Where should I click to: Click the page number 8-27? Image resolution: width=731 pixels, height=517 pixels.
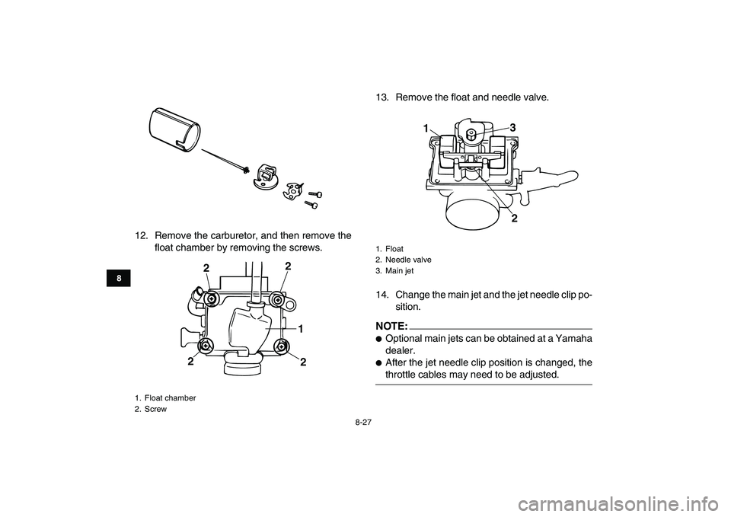(x=365, y=423)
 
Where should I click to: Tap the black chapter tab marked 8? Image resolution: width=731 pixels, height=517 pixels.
(x=119, y=279)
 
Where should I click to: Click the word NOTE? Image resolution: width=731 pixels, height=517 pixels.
(x=390, y=325)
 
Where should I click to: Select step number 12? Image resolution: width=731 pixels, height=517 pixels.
(x=142, y=236)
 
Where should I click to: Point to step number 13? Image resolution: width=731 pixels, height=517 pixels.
(x=383, y=98)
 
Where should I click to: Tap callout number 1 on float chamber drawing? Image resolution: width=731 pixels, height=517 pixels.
(x=301, y=329)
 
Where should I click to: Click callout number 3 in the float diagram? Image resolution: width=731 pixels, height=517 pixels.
(x=512, y=127)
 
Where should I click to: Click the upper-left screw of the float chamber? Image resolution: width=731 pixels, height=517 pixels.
(x=212, y=298)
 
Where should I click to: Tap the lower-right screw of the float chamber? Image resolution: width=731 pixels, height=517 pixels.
(x=281, y=346)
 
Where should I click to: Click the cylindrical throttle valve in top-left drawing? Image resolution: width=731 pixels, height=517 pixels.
(x=175, y=129)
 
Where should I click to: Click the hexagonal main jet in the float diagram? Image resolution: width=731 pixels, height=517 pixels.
(x=471, y=136)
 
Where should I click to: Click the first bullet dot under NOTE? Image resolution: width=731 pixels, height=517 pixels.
(x=379, y=339)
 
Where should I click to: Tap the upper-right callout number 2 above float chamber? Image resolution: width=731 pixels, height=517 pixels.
(x=288, y=266)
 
